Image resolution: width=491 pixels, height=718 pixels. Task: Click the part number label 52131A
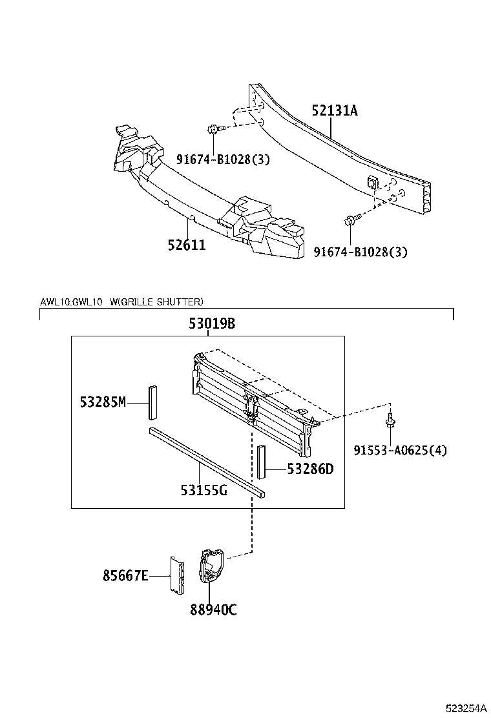pos(334,111)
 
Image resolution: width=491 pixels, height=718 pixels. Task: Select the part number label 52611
pos(187,245)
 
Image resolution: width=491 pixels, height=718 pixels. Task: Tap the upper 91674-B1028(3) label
pos(223,159)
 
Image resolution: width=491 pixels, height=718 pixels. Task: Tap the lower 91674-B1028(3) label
pos(360,252)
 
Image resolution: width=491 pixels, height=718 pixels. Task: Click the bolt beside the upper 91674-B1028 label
pos(214,129)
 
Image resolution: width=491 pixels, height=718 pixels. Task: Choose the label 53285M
pos(103,402)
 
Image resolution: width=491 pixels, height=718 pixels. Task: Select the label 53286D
pos(310,469)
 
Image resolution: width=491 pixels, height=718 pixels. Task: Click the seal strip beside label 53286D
pos(262,461)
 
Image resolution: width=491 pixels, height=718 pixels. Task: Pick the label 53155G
pos(204,490)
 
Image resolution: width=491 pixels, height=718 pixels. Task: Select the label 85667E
pos(125,574)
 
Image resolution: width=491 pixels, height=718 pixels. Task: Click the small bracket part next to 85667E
pos(177,573)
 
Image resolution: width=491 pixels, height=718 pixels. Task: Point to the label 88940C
pos(213,609)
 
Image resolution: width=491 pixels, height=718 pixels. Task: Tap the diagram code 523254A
pos(464,708)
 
